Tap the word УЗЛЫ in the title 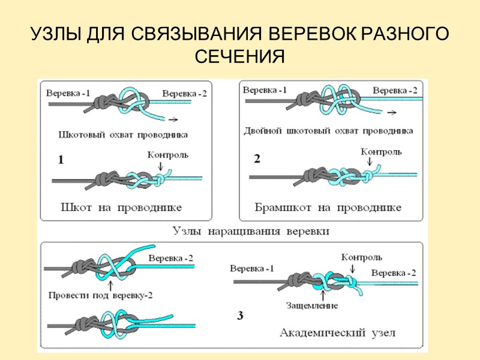tap(56, 34)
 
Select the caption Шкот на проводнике tap(122, 208)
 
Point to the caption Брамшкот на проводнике tap(328, 208)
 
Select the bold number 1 tap(61, 160)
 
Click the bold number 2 tap(257, 159)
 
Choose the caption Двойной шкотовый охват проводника tap(329, 130)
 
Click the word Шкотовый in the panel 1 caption tap(80, 134)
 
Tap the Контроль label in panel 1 tap(168, 155)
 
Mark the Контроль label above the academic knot tap(362, 258)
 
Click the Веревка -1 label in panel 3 tap(252, 268)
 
